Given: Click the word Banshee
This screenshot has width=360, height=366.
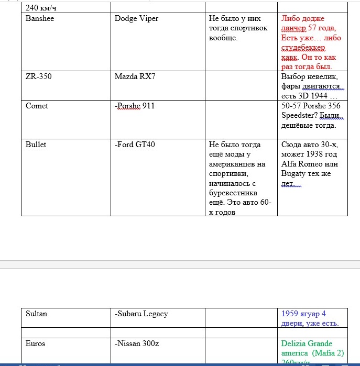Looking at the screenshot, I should [40, 19].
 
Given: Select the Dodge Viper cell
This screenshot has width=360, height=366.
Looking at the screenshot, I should [136, 19].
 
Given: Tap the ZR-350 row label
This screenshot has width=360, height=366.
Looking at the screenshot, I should [39, 76].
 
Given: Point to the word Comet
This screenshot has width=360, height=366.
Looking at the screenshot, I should [37, 106].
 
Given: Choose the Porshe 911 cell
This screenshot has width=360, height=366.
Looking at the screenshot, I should [136, 106].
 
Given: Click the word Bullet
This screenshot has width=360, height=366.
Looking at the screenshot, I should [36, 145].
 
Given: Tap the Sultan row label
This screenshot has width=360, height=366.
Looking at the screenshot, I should [36, 314].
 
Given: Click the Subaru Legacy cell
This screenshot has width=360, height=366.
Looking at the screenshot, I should [141, 314].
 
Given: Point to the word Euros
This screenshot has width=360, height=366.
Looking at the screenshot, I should [35, 343].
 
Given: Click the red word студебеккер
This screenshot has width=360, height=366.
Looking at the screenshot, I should [304, 48].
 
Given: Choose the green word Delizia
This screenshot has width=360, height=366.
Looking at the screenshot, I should [294, 343].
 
